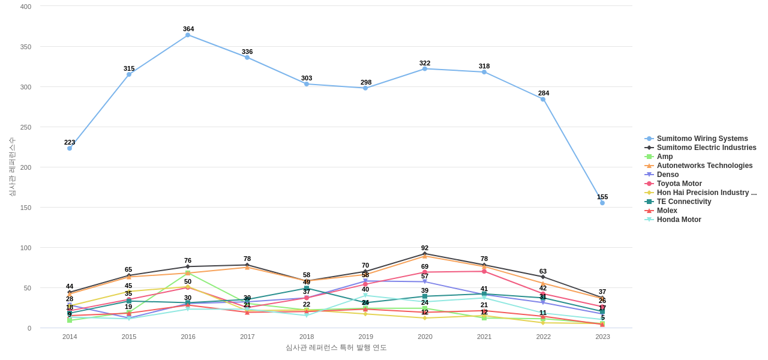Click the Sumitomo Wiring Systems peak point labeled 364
click(x=188, y=35)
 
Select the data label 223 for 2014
click(x=70, y=142)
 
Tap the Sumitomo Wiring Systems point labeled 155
click(x=602, y=203)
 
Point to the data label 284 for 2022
click(x=544, y=93)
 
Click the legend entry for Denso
click(x=668, y=175)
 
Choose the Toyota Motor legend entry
click(x=679, y=184)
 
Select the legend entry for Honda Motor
click(x=679, y=220)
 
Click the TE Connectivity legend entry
click(x=683, y=202)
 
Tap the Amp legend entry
click(x=665, y=157)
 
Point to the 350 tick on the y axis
click(x=26, y=47)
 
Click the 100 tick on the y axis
click(x=26, y=248)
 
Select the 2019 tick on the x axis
click(x=366, y=337)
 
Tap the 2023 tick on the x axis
click(x=602, y=337)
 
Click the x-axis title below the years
click(x=336, y=347)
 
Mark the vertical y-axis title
click(x=12, y=167)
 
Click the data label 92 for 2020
click(x=425, y=248)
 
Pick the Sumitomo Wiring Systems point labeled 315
click(x=129, y=74)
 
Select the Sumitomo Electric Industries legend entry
click(x=706, y=148)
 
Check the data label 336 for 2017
click(x=247, y=52)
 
